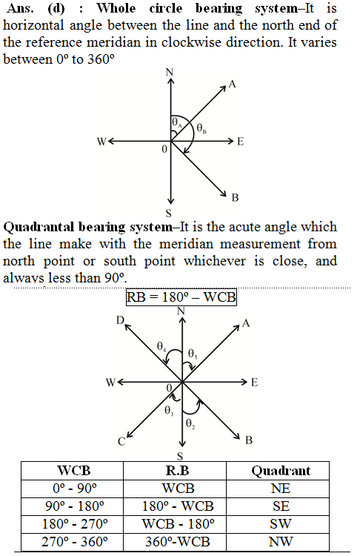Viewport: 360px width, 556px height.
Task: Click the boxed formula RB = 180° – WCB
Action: click(x=181, y=297)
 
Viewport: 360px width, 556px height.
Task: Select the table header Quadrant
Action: click(x=281, y=471)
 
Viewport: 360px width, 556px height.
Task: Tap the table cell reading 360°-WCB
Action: click(x=178, y=541)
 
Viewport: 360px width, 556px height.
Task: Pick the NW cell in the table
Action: click(x=281, y=541)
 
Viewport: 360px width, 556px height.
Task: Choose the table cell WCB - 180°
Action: click(x=179, y=523)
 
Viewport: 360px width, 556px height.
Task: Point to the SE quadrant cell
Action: click(x=281, y=506)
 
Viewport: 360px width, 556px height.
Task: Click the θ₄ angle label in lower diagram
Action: click(x=161, y=346)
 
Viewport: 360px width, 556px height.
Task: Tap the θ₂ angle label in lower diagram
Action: click(x=190, y=423)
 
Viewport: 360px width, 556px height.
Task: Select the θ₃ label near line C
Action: click(x=169, y=411)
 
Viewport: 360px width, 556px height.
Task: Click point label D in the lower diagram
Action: click(x=121, y=320)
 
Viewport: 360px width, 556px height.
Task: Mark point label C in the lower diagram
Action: click(x=121, y=442)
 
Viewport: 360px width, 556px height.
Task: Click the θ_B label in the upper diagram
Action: click(x=201, y=128)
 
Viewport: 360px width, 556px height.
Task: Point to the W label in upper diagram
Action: click(x=101, y=142)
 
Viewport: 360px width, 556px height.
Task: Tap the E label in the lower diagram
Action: click(x=254, y=383)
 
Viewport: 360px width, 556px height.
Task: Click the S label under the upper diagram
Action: click(x=169, y=213)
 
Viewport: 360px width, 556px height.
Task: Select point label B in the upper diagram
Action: click(x=236, y=197)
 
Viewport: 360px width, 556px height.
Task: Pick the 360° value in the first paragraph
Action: click(x=101, y=59)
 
